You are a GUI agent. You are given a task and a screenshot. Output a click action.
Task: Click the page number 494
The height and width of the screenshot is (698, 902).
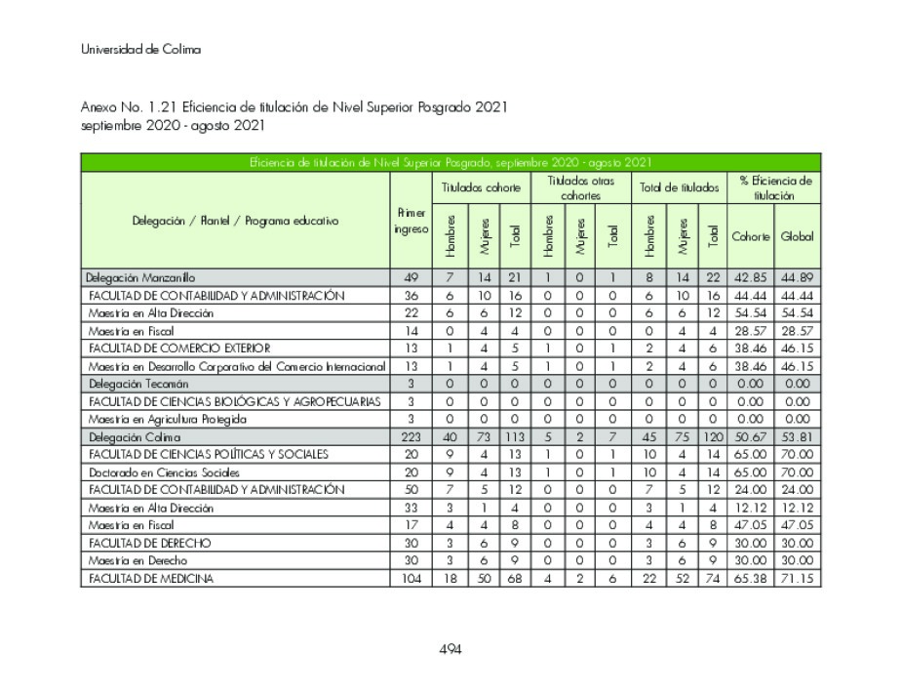point(450,649)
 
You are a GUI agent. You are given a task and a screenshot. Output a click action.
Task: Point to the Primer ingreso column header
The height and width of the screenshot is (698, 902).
point(410,221)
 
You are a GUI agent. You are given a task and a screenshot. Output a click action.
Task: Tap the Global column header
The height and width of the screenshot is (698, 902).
point(797,236)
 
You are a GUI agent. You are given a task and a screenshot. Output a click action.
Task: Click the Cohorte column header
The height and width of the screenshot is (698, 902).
point(751,236)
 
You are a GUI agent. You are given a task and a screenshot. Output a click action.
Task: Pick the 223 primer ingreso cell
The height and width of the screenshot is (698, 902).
point(411,436)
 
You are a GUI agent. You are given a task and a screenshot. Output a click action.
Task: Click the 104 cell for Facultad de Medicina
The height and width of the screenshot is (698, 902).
point(411,578)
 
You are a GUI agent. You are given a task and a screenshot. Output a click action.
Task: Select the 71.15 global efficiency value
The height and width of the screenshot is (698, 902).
point(797,578)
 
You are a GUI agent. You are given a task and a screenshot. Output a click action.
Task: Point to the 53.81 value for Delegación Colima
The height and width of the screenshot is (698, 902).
point(797,436)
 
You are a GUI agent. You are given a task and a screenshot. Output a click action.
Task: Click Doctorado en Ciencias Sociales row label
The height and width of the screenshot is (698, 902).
point(150,472)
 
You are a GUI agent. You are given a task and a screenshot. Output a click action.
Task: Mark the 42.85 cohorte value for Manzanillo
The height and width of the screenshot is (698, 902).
point(751,278)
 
